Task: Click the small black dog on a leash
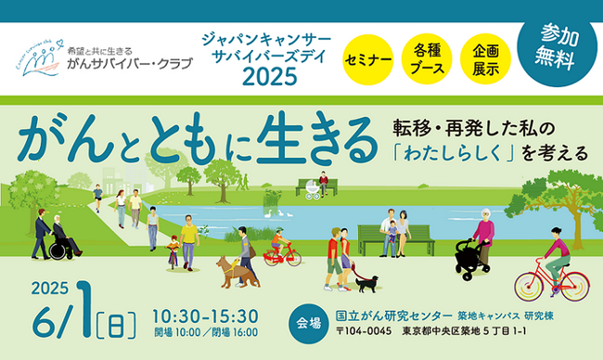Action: pos(366,282)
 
